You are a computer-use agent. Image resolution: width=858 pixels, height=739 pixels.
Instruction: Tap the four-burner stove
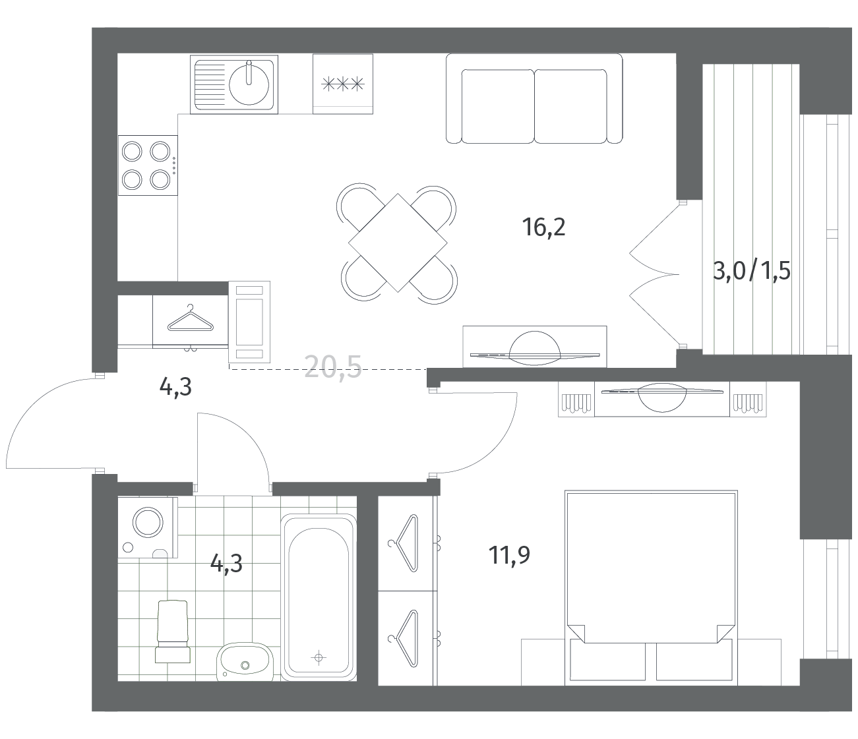tap(148, 165)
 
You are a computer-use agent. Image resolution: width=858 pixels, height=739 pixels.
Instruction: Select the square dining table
tap(398, 243)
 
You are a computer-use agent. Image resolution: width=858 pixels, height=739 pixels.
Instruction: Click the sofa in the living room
tap(534, 99)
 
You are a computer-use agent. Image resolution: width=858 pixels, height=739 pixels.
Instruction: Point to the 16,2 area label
tap(543, 227)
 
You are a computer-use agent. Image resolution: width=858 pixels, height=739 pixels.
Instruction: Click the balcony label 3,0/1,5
tap(752, 272)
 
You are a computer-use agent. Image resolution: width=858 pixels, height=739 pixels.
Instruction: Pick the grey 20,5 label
tap(333, 367)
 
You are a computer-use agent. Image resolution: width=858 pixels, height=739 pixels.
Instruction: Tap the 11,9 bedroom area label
tap(509, 555)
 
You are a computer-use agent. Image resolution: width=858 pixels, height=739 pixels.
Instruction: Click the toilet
tap(173, 631)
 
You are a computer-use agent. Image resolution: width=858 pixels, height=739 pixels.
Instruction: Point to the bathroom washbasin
tap(245, 661)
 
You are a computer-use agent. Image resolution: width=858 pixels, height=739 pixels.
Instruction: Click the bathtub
tap(319, 597)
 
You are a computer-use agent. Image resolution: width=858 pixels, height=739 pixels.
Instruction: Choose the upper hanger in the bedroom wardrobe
tap(405, 543)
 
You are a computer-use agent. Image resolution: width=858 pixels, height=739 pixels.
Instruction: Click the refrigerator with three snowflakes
tap(343, 84)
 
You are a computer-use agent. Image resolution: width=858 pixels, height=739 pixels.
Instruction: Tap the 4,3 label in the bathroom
tap(226, 564)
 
